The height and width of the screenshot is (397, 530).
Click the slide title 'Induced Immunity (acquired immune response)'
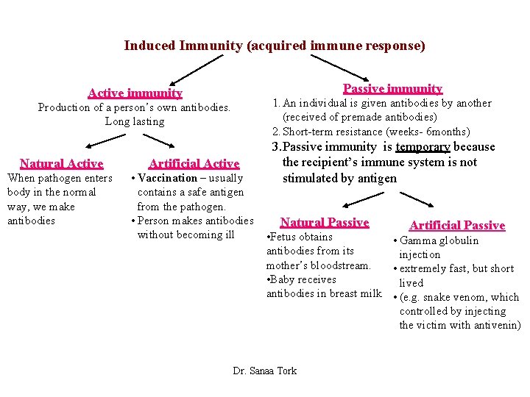(275, 46)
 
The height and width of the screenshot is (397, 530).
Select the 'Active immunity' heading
(135, 93)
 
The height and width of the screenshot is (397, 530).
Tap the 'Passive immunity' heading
(393, 89)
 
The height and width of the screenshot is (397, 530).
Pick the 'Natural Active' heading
(61, 163)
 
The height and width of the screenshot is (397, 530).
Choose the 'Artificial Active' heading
(194, 163)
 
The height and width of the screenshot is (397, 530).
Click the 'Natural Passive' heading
(324, 222)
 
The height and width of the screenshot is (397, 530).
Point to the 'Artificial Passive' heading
(456, 225)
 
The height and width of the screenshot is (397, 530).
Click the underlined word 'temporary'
(423, 147)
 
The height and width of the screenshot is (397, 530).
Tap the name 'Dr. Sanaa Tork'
(265, 371)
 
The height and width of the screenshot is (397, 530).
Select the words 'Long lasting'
(135, 121)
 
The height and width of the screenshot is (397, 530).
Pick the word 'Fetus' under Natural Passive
(285, 237)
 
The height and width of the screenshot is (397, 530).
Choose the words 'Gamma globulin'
(439, 240)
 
